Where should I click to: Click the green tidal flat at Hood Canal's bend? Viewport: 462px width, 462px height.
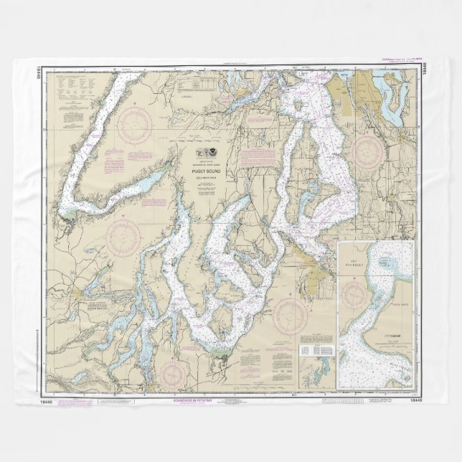point(69,214)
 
